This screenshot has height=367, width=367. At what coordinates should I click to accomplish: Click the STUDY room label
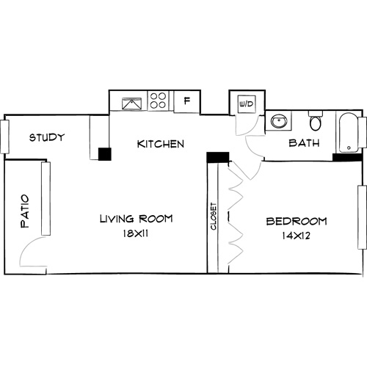click(47, 137)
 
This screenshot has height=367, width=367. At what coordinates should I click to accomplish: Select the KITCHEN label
click(160, 144)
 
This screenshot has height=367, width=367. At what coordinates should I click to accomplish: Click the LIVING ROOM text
click(137, 219)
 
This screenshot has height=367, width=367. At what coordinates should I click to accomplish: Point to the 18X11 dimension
click(137, 234)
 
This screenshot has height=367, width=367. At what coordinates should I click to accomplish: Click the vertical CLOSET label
click(214, 217)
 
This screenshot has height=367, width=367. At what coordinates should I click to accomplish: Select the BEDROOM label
click(296, 221)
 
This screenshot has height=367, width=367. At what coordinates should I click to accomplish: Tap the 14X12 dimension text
click(296, 237)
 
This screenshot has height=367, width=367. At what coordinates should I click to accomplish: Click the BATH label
click(303, 143)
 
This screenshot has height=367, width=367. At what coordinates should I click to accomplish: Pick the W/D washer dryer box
click(245, 104)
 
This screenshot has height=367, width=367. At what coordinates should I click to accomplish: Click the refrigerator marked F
click(186, 101)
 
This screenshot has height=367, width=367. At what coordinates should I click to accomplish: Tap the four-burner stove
click(159, 101)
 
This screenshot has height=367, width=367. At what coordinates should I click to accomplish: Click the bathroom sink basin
click(279, 121)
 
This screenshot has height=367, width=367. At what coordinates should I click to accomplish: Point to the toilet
click(316, 121)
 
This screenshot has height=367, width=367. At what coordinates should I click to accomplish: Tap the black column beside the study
click(104, 154)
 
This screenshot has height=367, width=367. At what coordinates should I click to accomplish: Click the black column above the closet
click(218, 157)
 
